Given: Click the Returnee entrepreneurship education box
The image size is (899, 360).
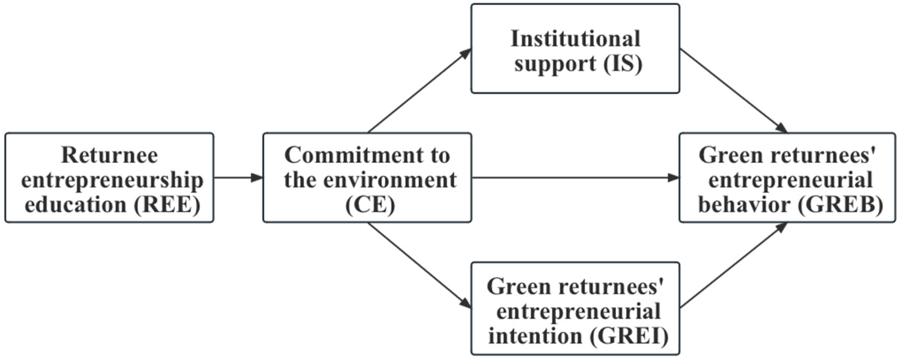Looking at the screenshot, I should [x=109, y=178].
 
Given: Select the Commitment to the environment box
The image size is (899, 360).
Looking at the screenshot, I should [x=367, y=178].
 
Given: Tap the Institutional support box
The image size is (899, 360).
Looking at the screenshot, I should [x=575, y=49].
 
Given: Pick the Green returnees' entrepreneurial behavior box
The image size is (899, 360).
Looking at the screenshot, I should [x=787, y=178].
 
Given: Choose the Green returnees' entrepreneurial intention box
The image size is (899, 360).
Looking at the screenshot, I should [x=575, y=309].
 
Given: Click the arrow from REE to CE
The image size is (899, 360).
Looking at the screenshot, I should [x=238, y=178].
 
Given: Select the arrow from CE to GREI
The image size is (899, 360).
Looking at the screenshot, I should [x=419, y=265].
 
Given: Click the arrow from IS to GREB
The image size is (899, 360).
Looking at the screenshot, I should [x=733, y=91].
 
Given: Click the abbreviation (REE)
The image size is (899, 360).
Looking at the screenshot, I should [x=167, y=205].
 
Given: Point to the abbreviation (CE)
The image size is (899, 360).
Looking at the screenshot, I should [x=370, y=205].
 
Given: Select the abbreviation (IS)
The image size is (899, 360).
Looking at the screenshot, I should [x=623, y=64].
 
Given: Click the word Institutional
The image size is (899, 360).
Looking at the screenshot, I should [x=575, y=39].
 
